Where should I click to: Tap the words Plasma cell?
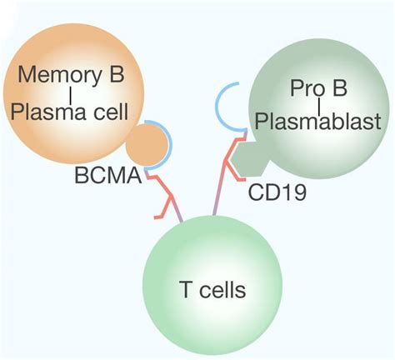(x=69, y=112)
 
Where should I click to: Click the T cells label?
(x=212, y=290)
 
